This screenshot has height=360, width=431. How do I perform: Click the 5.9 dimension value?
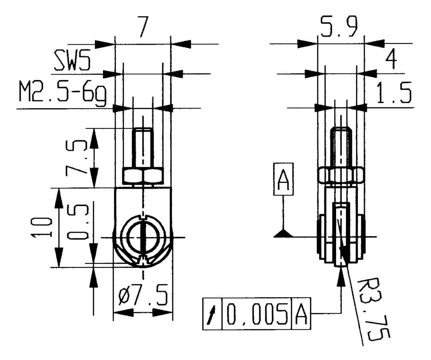pos(340,28)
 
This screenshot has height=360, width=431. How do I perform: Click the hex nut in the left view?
pos(142,176)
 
